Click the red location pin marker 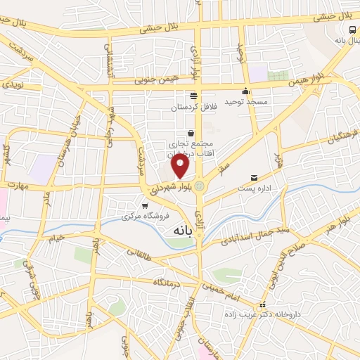click(x=181, y=166)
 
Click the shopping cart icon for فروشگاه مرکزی click(x=145, y=206)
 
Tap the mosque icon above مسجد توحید click(x=245, y=91)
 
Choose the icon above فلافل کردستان click(x=193, y=96)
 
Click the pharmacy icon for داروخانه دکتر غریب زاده click(x=262, y=305)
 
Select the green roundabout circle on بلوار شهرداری click(x=200, y=186)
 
